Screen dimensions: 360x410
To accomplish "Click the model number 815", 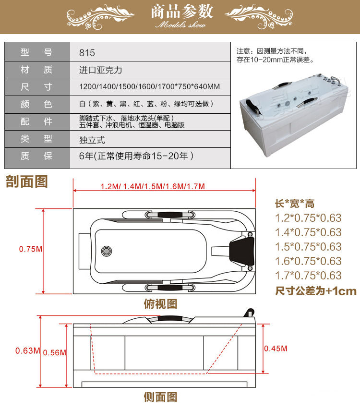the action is (x=87, y=53).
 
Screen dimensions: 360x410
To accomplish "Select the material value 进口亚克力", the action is (x=101, y=70).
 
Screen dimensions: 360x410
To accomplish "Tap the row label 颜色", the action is (x=36, y=104).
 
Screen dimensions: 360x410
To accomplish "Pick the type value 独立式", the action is (x=92, y=140).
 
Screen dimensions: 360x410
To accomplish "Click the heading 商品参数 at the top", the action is (x=182, y=12).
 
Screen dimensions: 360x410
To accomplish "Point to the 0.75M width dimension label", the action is (x=31, y=249).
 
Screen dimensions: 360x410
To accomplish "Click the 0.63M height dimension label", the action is (x=28, y=350).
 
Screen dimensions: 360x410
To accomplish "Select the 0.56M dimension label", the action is (x=55, y=352).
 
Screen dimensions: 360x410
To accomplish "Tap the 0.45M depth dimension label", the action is (x=276, y=348).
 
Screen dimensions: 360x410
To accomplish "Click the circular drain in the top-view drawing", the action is (x=107, y=251).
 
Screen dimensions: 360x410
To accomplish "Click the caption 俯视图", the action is (x=160, y=304).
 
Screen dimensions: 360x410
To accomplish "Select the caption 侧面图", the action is (x=160, y=397).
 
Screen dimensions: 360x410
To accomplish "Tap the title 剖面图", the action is (x=27, y=181).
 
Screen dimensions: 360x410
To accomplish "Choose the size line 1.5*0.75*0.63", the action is (x=308, y=247).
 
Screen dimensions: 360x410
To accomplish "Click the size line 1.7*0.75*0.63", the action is (x=308, y=276).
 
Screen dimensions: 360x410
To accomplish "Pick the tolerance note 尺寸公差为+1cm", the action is (x=316, y=291).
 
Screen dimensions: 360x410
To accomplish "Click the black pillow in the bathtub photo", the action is (x=252, y=104).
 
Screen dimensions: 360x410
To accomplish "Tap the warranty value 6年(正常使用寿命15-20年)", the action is (x=136, y=156).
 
